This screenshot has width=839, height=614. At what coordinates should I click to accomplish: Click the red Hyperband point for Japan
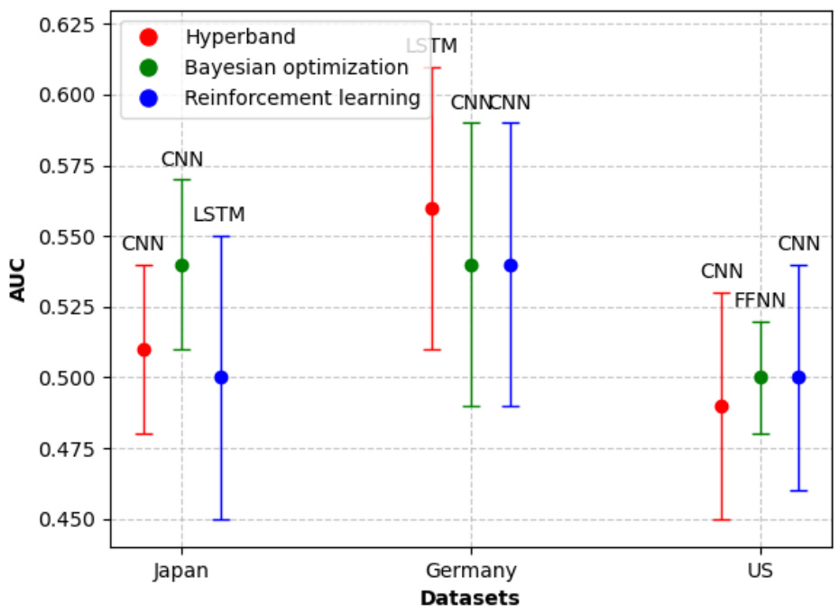point(143,350)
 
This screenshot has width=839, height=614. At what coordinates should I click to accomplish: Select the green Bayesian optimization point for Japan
point(181,265)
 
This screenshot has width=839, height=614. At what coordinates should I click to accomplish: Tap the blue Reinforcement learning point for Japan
point(221,378)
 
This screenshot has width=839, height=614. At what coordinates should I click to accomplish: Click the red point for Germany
point(432,209)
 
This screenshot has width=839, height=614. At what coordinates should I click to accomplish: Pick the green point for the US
point(761,378)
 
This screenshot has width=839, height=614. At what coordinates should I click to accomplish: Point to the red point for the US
point(722,406)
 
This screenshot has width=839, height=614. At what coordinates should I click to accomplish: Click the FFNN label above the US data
point(760,301)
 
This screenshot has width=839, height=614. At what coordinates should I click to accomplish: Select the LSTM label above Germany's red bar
point(431,46)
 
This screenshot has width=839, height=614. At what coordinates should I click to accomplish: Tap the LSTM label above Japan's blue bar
point(219,215)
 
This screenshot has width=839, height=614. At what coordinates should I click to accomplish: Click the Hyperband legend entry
point(240,37)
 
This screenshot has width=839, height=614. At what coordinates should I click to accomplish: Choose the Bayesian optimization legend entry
point(296,68)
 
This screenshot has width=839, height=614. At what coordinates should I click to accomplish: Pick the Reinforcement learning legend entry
point(302,98)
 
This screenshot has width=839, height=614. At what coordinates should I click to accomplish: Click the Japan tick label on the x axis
point(181,571)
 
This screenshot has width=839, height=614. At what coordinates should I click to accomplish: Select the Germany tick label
point(470,571)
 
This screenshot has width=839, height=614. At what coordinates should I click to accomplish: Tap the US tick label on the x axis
point(761,571)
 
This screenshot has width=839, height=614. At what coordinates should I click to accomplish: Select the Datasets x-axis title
point(470,598)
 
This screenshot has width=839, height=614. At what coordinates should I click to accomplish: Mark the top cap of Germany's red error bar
point(432,68)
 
